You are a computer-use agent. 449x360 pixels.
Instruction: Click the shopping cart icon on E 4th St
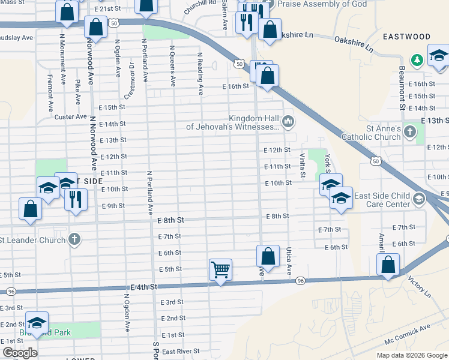pyautogui.click(x=220, y=270)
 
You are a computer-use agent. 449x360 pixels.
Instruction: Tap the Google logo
pyautogui.click(x=20, y=353)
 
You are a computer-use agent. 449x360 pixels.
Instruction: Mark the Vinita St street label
pyautogui.click(x=303, y=165)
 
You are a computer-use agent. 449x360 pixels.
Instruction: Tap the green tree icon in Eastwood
pyautogui.click(x=416, y=60)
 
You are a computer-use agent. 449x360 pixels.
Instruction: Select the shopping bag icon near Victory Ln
pyautogui.click(x=388, y=264)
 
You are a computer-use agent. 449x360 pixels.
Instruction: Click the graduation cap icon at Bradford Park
pyautogui.click(x=37, y=323)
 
